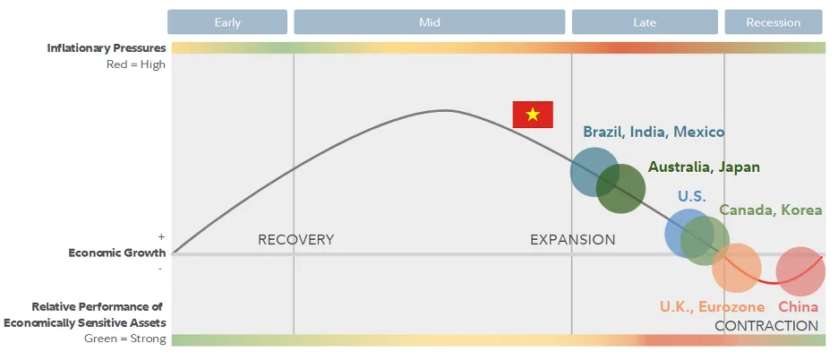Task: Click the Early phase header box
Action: point(227,21)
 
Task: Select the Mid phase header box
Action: point(429,21)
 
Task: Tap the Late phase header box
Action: point(645,21)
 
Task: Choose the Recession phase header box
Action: point(774,21)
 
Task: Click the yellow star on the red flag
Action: point(533,115)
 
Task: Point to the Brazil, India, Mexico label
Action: point(654,132)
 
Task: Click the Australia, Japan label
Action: point(704,167)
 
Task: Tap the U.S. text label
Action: point(691,196)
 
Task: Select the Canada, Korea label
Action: point(771,210)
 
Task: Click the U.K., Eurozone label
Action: point(712,307)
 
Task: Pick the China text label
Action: point(798,307)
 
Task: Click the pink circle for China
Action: point(800,271)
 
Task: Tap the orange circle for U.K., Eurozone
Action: point(737,268)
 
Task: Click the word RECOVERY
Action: point(296,240)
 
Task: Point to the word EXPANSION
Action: point(572,240)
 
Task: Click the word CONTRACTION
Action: point(766,326)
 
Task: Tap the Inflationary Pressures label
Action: point(107,48)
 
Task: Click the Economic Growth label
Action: point(117,253)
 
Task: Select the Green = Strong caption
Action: point(125,339)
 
